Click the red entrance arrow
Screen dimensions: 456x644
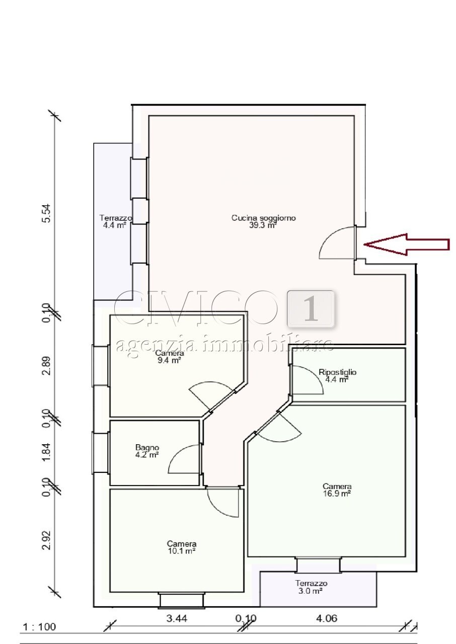coord(407,245)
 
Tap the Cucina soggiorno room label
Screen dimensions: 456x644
coord(263,221)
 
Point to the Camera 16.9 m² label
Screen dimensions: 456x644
coord(337,490)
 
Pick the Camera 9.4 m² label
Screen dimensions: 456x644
coord(169,357)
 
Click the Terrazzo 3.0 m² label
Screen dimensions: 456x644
coord(311,587)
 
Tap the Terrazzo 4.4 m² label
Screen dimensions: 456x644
coord(115,221)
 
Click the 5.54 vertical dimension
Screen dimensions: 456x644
coord(46,213)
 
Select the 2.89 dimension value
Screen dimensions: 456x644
coord(46,366)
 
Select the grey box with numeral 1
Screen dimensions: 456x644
coord(311,309)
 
